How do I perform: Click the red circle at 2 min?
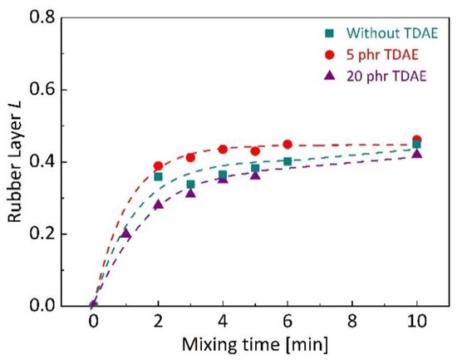158,166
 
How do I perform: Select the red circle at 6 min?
287,145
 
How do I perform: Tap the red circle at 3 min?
190,157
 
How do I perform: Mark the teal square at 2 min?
158,176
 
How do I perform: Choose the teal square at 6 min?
287,161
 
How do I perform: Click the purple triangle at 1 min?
125,234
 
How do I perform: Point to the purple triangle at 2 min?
158,205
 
